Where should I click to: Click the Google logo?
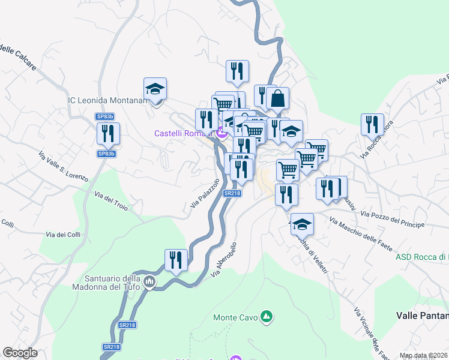pos(20,353)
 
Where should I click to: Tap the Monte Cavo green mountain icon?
pos(267,316)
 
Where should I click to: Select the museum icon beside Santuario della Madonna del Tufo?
pos(149,281)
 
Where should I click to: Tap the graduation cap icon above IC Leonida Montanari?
pos(155,89)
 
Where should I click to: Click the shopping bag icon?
pos(278,98)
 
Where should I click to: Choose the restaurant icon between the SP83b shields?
pos(109,133)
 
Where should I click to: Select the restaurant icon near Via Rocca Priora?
pos(372,124)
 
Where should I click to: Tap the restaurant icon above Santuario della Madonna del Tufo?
pos(176,260)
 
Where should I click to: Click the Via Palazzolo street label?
pos(205,193)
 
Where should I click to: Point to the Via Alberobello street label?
pos(224,260)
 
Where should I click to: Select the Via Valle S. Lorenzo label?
pos(64,166)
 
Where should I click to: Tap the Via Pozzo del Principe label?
pos(393,219)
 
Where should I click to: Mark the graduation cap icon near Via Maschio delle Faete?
pos(302,224)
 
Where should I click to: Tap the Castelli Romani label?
pos(184,133)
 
